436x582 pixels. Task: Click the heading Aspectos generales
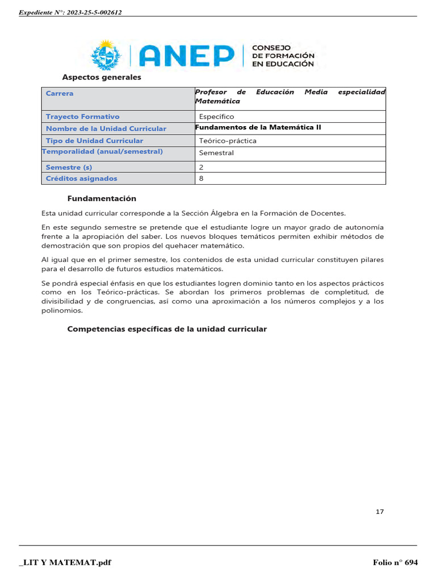click(x=102, y=77)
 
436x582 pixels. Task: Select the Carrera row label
click(x=60, y=93)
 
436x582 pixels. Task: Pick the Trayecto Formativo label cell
click(x=83, y=117)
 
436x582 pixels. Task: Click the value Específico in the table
click(x=216, y=117)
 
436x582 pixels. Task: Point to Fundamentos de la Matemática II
click(x=258, y=127)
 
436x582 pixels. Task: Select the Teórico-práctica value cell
click(x=228, y=140)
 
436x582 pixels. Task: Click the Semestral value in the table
click(x=216, y=153)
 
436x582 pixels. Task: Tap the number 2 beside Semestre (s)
click(x=202, y=167)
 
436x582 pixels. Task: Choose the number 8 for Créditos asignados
click(x=202, y=178)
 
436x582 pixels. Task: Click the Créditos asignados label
click(x=81, y=178)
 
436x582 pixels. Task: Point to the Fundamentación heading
click(x=102, y=199)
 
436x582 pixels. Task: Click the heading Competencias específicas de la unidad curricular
click(x=167, y=329)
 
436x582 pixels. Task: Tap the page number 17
click(x=380, y=512)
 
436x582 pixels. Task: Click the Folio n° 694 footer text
click(x=395, y=563)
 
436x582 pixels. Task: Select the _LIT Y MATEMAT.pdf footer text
click(x=65, y=563)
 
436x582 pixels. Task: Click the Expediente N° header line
click(x=70, y=12)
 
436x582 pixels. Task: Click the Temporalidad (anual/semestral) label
click(x=102, y=151)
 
